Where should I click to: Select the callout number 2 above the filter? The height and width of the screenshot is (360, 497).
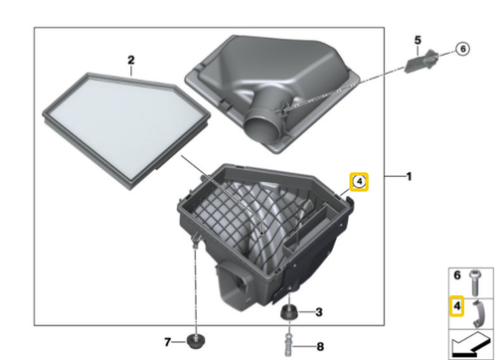point(131,61)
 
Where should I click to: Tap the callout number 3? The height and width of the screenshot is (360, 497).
point(319,312)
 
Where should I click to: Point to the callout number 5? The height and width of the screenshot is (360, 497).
point(418,39)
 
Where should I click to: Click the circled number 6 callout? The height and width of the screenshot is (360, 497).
point(461,49)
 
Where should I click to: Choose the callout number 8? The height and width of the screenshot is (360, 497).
point(320,346)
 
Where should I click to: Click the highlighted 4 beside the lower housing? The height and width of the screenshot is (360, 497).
point(359,181)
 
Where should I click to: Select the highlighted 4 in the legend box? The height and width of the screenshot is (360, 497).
point(457,307)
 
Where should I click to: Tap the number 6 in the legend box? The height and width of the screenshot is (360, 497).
point(457,274)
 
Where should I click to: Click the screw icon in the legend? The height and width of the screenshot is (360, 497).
point(476,276)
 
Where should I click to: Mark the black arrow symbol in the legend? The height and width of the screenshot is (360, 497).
point(472,343)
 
